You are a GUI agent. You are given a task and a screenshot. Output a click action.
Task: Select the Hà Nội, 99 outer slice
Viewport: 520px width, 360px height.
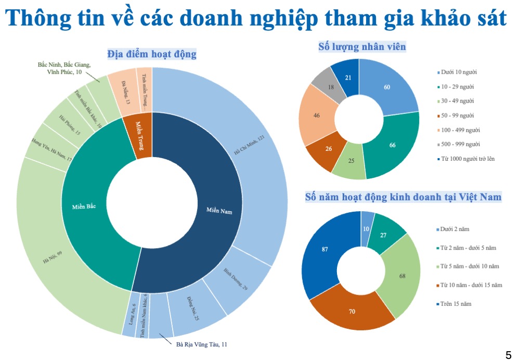click(52, 255)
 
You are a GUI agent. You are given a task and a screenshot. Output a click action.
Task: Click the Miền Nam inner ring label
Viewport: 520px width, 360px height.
click(219, 212)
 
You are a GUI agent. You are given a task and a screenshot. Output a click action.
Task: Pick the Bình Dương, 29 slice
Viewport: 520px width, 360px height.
click(237, 281)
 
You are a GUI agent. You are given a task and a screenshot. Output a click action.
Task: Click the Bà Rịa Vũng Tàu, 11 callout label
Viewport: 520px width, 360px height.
click(202, 344)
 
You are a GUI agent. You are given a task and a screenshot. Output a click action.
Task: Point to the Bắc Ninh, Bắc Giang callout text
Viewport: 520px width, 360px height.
click(64, 69)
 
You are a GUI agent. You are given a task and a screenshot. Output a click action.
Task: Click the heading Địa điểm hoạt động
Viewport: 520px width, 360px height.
click(152, 54)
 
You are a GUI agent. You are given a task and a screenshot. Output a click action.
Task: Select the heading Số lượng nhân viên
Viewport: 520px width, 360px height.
click(362, 47)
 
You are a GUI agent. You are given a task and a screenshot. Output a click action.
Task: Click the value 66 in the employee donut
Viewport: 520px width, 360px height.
click(393, 145)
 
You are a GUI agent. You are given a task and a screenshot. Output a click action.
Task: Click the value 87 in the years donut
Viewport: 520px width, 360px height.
click(325, 249)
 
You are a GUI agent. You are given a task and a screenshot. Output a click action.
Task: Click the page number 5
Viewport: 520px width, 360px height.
click(509, 355)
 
